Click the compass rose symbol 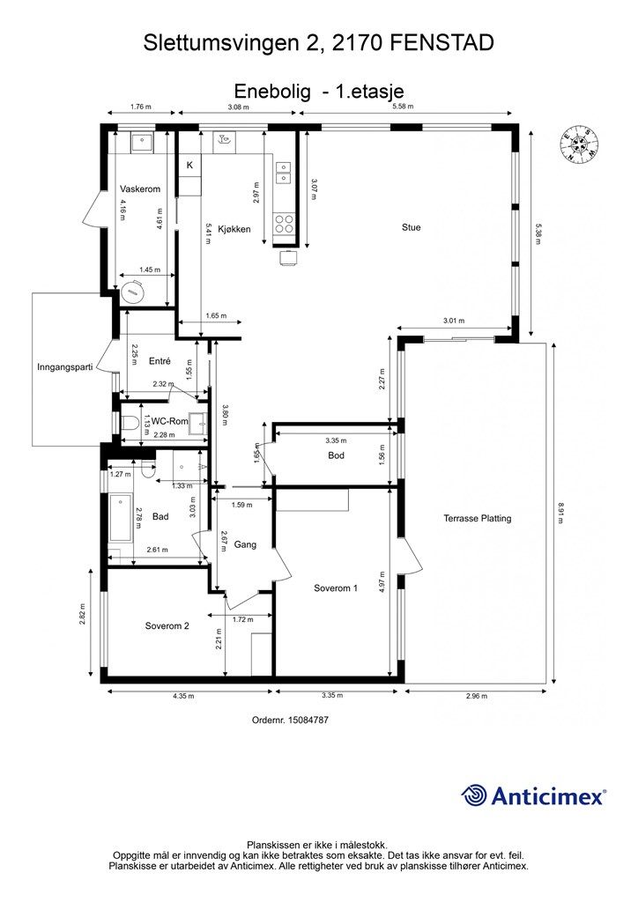[579, 144]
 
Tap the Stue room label [411, 227]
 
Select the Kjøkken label [235, 229]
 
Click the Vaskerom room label [140, 189]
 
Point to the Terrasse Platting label [477, 518]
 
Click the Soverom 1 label [336, 588]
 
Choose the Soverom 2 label [167, 626]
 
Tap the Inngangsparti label [65, 366]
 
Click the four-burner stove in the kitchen [285, 223]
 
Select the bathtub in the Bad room [121, 518]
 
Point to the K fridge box [189, 166]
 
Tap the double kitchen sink [284, 173]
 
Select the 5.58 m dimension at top [403, 107]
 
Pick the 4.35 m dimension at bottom [183, 696]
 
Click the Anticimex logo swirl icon [474, 795]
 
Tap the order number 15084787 [308, 720]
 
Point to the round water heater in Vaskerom [132, 292]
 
